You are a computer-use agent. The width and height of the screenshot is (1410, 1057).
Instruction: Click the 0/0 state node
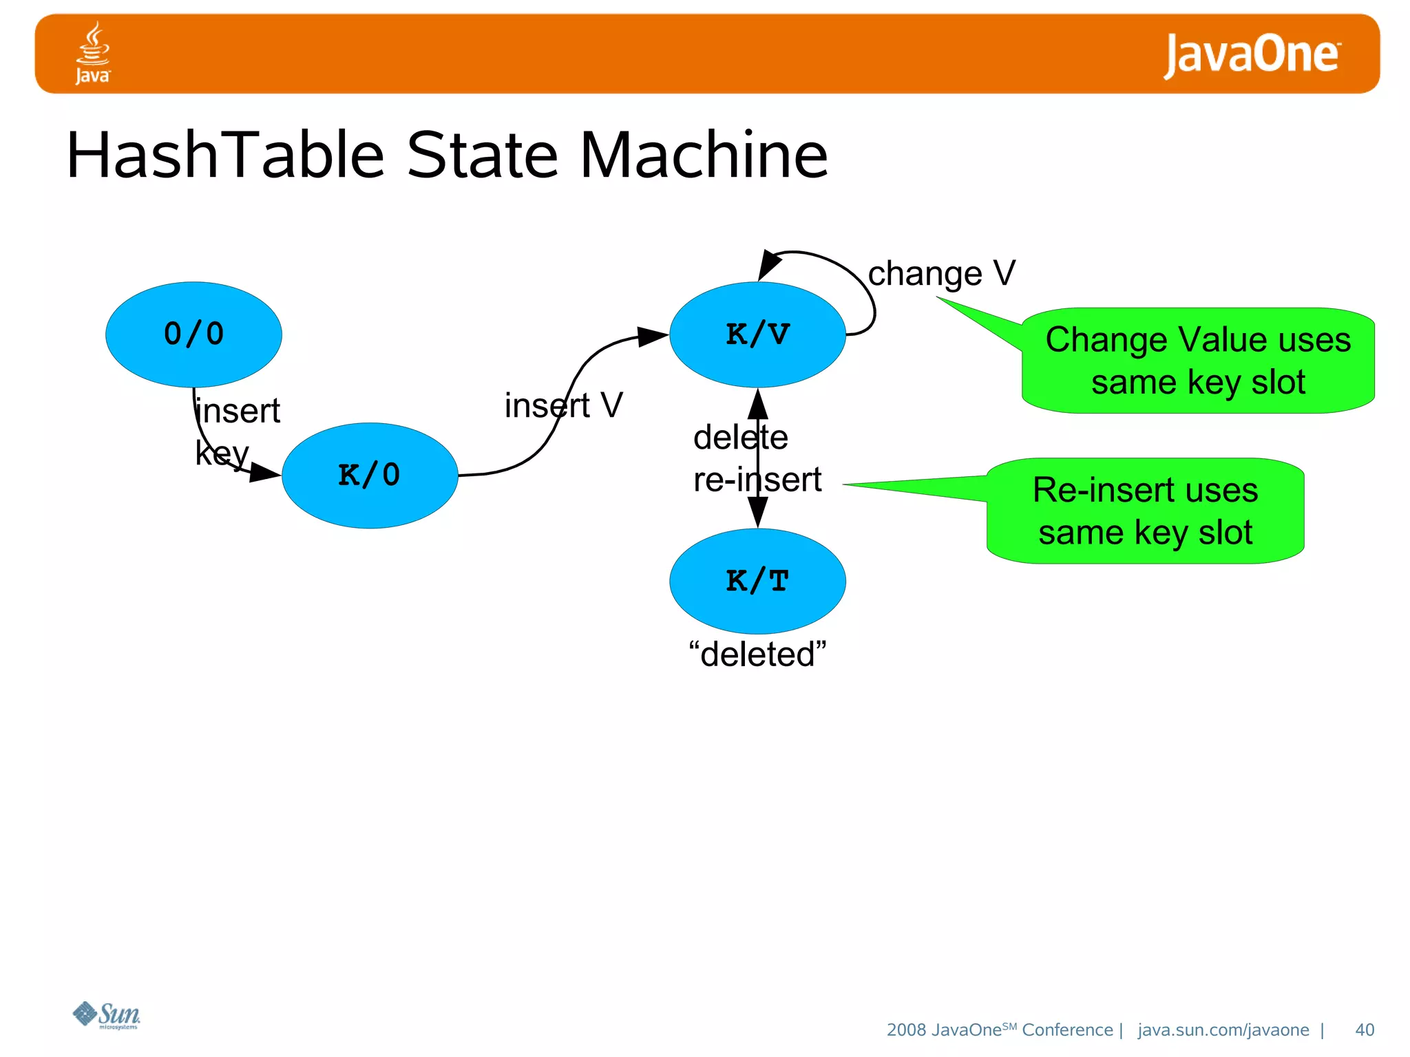click(x=193, y=334)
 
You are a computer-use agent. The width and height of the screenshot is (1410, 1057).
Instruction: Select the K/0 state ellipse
click(x=370, y=476)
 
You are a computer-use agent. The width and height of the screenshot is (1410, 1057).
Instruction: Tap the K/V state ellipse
click(x=757, y=334)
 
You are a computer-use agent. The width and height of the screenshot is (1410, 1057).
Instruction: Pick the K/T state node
click(x=757, y=581)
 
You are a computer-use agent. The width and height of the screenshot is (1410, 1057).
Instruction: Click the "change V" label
click(x=941, y=274)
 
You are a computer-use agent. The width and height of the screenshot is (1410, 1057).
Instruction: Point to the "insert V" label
click(x=563, y=405)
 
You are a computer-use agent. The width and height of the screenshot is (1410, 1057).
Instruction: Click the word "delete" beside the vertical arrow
click(x=740, y=438)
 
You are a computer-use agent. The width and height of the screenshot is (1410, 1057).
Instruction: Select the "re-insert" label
click(x=757, y=480)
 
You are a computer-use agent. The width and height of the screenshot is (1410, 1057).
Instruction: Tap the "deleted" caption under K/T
click(x=757, y=654)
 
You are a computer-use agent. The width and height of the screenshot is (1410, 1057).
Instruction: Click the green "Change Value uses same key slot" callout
click(x=1198, y=361)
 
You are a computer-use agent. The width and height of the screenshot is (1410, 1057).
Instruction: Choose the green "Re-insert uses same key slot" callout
click(x=1145, y=511)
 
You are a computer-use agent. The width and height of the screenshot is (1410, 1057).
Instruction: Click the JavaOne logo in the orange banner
click(x=1252, y=54)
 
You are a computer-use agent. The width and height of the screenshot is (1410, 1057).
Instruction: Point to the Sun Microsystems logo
click(x=107, y=1015)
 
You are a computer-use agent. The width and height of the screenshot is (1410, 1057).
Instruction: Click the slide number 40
click(x=1364, y=1029)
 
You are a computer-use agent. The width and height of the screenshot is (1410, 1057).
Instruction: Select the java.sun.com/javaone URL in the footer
click(x=1223, y=1029)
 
